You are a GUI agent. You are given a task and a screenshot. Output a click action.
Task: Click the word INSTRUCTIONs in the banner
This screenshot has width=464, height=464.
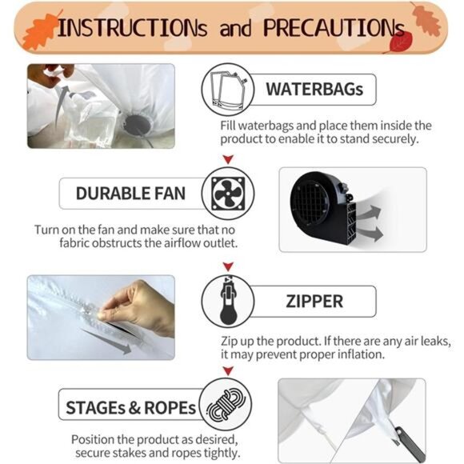[x=132, y=28]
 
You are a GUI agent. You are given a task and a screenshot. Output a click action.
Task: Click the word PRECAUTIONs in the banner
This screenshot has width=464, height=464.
[x=334, y=28]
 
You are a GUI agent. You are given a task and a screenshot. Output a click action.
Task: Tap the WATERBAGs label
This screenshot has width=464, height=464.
[x=314, y=89]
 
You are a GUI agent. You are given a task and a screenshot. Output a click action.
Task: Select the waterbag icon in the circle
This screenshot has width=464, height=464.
[x=227, y=90]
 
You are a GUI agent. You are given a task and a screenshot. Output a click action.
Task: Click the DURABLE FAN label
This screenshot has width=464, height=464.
[x=130, y=194]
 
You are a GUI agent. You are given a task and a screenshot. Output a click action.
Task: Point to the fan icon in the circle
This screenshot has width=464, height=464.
[x=228, y=194]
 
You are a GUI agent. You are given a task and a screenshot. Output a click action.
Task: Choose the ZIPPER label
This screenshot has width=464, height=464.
[x=314, y=302]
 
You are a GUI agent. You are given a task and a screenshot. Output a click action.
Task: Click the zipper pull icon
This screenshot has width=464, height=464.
[x=229, y=301]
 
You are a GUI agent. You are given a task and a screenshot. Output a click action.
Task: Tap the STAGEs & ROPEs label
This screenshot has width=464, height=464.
[x=130, y=408]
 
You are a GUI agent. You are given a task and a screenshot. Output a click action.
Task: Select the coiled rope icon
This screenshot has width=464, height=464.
[x=226, y=405]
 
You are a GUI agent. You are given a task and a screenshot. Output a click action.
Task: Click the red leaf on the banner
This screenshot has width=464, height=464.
[x=400, y=42]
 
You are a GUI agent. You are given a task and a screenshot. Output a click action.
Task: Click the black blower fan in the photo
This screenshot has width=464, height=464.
[x=325, y=208]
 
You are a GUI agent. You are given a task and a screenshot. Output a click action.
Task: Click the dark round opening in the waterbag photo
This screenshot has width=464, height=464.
[x=138, y=124]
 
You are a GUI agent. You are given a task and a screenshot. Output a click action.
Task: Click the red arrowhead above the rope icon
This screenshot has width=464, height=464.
[x=228, y=370]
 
